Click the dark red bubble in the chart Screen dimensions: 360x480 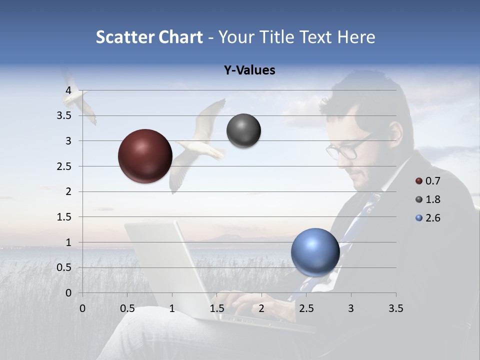145,156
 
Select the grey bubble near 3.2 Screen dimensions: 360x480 243,131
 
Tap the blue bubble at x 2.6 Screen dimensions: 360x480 315,252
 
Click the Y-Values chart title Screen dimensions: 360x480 249,70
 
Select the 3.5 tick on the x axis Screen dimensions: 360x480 395,308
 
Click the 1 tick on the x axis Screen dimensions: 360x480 172,308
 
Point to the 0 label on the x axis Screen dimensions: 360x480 82,308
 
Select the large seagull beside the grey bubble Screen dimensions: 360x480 200,145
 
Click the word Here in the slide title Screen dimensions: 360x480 356,37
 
